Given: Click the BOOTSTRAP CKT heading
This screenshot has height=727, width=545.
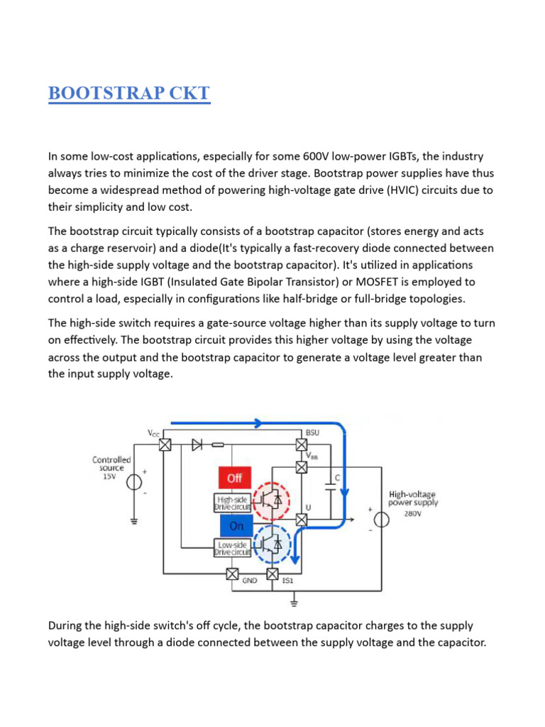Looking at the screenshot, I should tap(129, 93).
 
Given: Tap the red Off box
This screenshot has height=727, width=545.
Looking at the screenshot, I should tap(234, 479).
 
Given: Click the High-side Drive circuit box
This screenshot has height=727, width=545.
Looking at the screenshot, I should tap(232, 503).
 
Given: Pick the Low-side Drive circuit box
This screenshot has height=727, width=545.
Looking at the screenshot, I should tap(232, 547).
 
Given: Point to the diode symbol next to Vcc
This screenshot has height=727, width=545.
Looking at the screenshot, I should tap(197, 445).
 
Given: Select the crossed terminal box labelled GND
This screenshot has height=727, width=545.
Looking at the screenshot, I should tap(232, 574).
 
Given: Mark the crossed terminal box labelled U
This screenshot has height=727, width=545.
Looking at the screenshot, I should tap(301, 520).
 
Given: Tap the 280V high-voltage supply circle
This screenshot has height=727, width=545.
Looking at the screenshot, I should tap(380, 520).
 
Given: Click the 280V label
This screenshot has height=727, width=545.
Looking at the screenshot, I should tap(413, 514).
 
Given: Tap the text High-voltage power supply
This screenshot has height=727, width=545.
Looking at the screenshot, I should tap(413, 498).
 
